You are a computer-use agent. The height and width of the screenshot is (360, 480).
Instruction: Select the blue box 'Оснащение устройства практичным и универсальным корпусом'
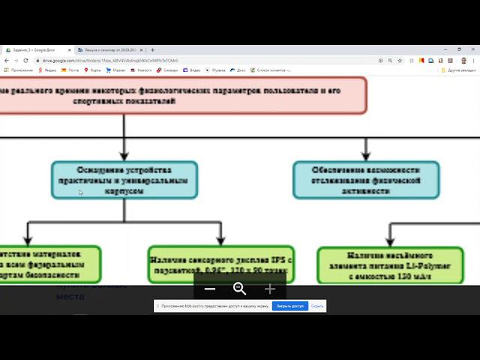[124, 180]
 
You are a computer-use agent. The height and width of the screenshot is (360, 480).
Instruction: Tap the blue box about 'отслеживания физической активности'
[366, 180]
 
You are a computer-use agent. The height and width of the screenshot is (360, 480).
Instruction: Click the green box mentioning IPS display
[221, 264]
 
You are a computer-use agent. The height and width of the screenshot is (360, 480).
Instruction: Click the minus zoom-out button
[210, 289]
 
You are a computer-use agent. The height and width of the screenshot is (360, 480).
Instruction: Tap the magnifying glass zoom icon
[240, 289]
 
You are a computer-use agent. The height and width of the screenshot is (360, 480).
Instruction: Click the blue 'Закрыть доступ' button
[289, 306]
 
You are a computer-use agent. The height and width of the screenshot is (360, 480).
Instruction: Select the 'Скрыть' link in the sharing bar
[317, 306]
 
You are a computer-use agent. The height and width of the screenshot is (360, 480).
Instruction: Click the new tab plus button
[152, 50]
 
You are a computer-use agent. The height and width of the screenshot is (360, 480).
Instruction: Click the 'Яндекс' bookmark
[50, 70]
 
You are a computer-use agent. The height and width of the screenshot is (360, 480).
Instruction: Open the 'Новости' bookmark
[143, 70]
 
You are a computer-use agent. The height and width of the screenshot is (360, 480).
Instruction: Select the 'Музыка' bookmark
[218, 70]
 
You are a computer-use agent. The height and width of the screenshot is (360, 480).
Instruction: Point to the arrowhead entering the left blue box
[124, 155]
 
